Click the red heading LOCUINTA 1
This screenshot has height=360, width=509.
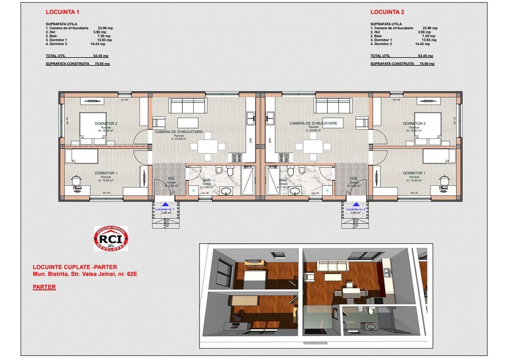[63, 11]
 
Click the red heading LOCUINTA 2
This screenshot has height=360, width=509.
[387, 11]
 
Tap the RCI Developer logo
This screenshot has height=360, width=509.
[111, 239]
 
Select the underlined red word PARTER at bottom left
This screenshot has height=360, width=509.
[44, 287]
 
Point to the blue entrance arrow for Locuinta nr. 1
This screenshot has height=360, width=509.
[165, 205]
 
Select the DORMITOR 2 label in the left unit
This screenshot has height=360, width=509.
[106, 124]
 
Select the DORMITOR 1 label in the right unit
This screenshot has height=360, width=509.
[414, 173]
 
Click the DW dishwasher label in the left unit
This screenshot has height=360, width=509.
[250, 140]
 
